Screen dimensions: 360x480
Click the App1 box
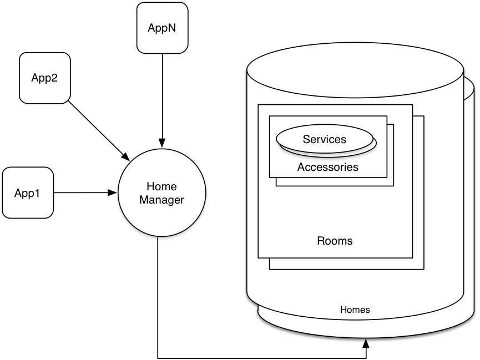pos(28,193)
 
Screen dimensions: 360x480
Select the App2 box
pos(44,78)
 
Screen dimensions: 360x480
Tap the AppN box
pos(162,28)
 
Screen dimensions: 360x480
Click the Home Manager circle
pos(161,192)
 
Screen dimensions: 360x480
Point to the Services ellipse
pos(325,139)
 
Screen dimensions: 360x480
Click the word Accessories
pos(327,167)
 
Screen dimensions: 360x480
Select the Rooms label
pos(335,241)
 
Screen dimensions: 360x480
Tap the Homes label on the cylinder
pos(355,310)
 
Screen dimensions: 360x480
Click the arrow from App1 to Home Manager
pos(83,193)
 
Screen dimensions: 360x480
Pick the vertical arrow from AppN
pos(162,94)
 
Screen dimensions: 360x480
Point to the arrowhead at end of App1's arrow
pos(113,193)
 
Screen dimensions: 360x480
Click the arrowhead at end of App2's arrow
pos(127,155)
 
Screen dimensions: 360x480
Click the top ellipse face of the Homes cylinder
pos(355,73)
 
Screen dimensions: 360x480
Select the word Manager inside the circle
pos(161,200)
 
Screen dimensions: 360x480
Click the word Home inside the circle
pos(161,186)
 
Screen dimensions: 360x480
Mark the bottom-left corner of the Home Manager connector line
pos(159,357)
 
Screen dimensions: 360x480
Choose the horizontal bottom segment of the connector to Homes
pos(261,357)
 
